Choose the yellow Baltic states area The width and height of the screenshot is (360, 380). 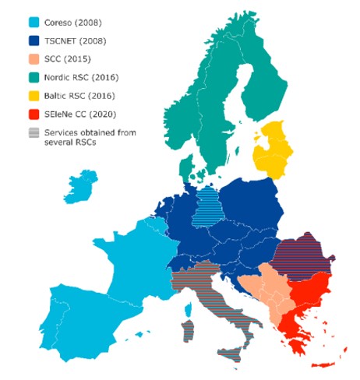(x=281, y=152)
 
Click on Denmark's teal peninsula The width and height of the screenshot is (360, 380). (x=185, y=169)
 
